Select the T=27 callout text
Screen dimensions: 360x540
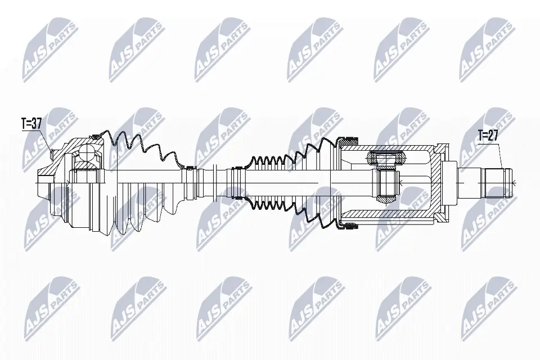pyautogui.click(x=488, y=135)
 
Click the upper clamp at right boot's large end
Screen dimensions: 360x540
pyautogui.click(x=350, y=139)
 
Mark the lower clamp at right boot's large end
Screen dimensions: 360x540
pyautogui.click(x=350, y=226)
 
